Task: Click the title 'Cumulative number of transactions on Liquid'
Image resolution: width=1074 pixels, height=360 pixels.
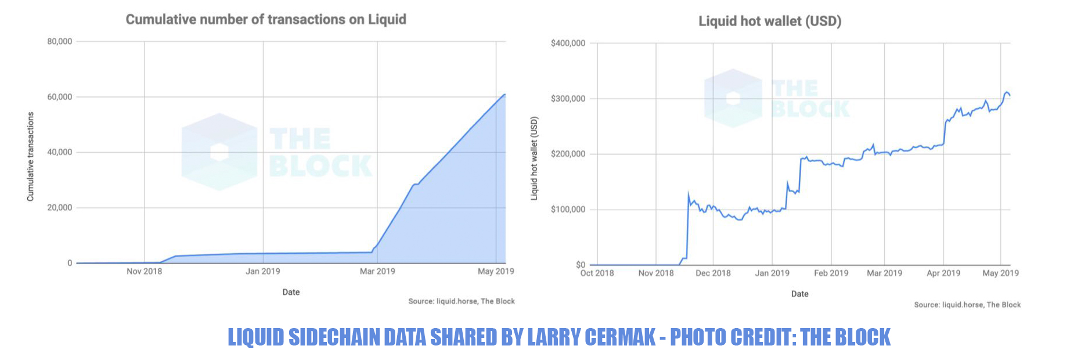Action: point(266,20)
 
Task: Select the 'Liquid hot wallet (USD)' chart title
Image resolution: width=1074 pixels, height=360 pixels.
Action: point(770,21)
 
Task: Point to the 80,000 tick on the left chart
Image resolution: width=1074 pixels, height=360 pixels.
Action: point(60,42)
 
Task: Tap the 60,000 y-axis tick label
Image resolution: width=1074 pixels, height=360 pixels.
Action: point(60,97)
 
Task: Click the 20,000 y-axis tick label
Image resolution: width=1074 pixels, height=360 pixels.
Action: point(60,208)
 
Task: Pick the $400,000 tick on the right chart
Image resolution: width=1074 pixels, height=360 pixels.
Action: point(568,44)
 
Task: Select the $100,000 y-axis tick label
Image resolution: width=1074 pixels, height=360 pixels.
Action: point(568,210)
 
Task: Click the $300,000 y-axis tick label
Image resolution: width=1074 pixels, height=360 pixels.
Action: point(568,99)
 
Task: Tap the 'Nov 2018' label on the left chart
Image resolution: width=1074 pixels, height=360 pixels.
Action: point(144,271)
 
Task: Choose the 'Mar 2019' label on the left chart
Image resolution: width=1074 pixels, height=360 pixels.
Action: point(377,271)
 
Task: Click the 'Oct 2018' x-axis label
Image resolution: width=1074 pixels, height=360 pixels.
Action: point(597,273)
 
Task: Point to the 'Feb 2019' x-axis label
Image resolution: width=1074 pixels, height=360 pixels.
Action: point(831,273)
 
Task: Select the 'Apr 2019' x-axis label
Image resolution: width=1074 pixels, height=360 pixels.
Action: point(943,273)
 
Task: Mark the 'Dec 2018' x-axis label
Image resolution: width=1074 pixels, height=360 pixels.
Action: point(713,273)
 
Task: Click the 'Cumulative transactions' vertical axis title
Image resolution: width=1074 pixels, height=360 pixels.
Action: point(31,157)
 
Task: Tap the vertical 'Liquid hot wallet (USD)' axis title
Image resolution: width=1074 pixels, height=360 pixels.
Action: point(535,159)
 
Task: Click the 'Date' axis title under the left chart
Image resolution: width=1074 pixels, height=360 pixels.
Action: point(291,292)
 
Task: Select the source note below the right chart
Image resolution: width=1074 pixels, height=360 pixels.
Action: point(967,305)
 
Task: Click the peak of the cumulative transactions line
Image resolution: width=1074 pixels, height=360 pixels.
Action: point(504,94)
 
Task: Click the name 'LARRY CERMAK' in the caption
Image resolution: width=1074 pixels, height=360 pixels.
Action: point(591,337)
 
